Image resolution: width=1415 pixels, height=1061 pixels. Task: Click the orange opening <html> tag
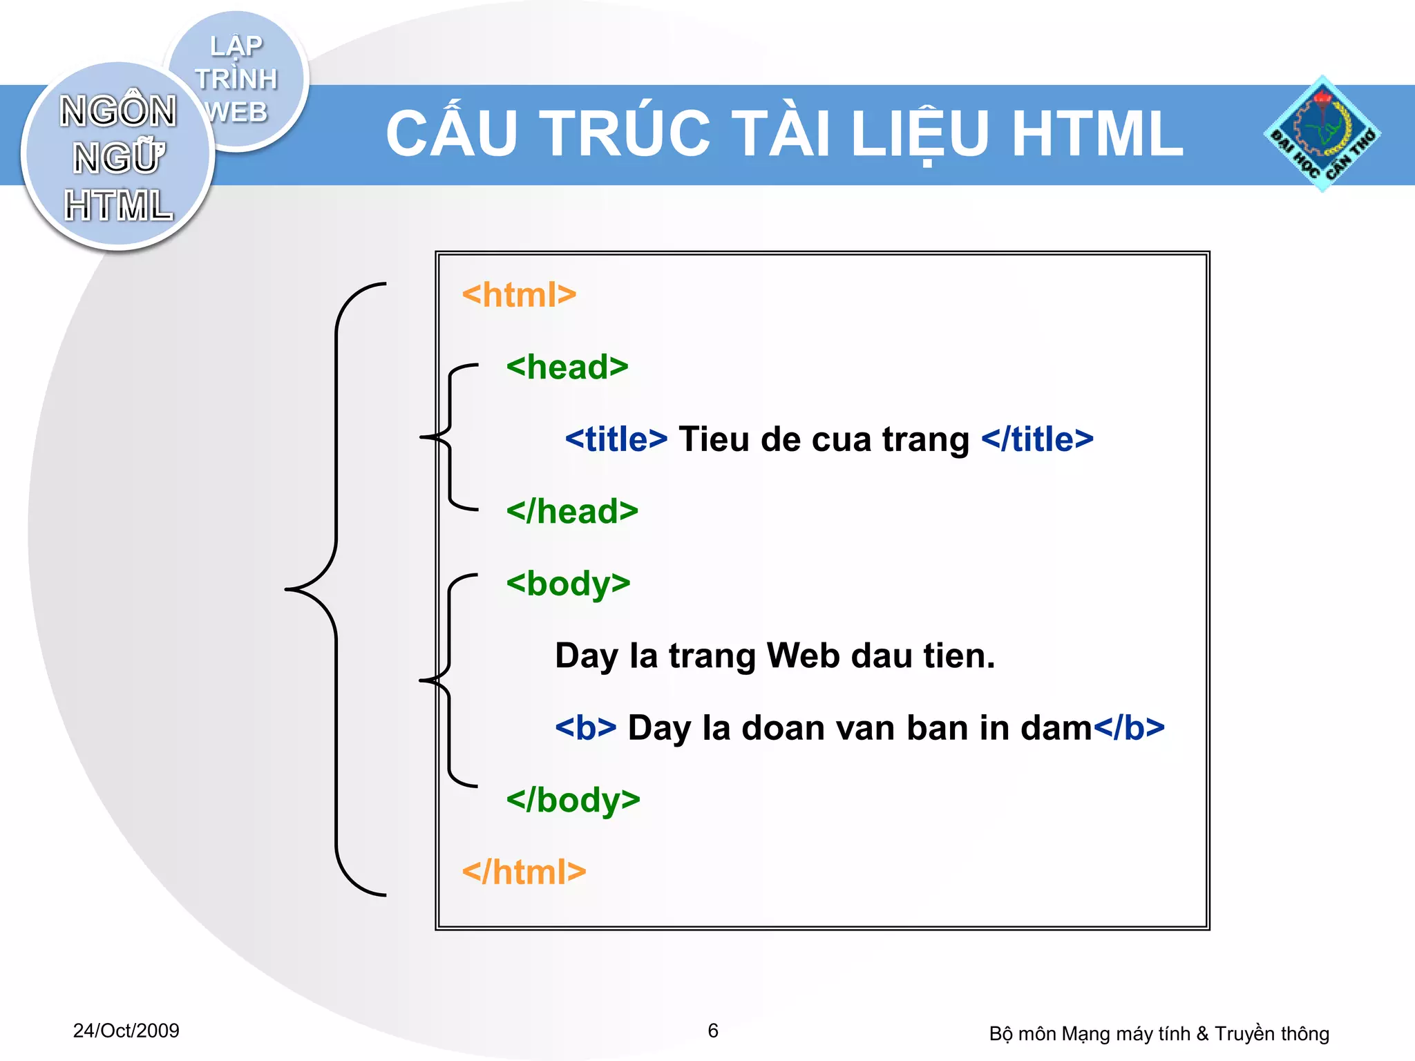click(519, 295)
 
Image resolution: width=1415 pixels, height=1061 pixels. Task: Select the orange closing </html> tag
click(524, 872)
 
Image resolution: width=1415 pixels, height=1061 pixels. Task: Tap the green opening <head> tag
click(567, 367)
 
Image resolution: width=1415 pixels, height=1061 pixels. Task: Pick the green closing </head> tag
click(572, 512)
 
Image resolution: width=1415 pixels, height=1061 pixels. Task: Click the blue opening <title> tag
click(616, 439)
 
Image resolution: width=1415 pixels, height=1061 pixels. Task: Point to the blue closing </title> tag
click(1037, 439)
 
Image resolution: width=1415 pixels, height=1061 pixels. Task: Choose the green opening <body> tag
click(568, 584)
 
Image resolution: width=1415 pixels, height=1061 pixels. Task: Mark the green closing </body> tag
click(573, 800)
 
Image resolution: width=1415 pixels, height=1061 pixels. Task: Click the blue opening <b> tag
click(585, 728)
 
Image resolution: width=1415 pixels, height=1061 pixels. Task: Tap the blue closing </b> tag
click(1129, 728)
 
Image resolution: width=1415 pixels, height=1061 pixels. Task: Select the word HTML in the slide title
click(1097, 133)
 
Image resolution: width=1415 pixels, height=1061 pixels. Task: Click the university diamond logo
click(1322, 134)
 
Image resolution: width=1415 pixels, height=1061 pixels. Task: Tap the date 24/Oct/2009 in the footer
click(126, 1031)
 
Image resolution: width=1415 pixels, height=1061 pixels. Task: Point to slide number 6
click(713, 1031)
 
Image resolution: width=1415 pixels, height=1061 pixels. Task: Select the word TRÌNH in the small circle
click(236, 79)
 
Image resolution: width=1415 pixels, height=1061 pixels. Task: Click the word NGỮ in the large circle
click(119, 157)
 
